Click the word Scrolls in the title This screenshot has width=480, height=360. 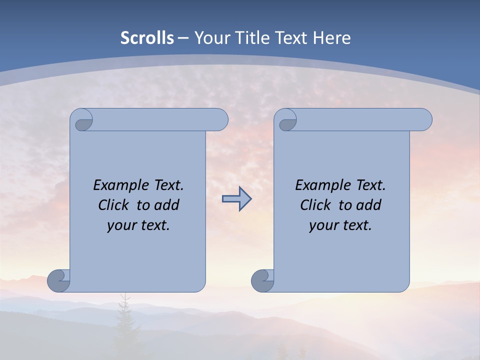point(147,38)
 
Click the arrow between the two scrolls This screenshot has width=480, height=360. point(236,198)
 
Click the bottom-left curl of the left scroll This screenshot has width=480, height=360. point(58,280)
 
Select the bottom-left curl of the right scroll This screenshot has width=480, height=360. point(262,280)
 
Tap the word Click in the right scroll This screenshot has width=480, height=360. point(315,205)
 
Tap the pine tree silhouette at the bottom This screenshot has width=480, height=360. point(122,320)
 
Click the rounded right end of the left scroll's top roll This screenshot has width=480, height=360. point(220,119)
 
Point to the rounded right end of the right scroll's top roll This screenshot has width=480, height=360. point(424,119)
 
